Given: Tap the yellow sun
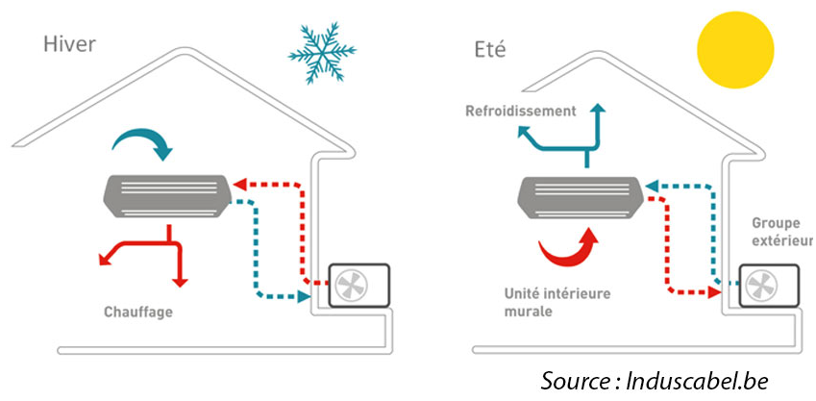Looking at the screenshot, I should pyautogui.click(x=734, y=48).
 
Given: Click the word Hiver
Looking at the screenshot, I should pyautogui.click(x=67, y=45).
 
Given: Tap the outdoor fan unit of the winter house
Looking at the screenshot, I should pyautogui.click(x=360, y=286).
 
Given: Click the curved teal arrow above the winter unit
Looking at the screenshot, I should pyautogui.click(x=142, y=143).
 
